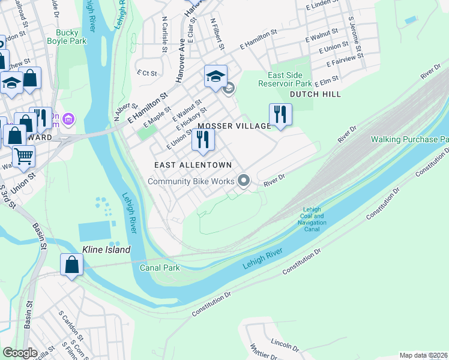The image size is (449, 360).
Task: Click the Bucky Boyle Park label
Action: [71, 37]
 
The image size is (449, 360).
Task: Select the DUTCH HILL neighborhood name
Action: [315, 94]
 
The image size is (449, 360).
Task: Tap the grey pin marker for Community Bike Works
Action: [243, 180]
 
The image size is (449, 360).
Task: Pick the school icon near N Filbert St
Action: [215, 76]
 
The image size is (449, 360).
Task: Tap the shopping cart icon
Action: [23, 157]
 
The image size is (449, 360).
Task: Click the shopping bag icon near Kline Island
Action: [71, 265]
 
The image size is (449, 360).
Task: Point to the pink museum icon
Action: [68, 119]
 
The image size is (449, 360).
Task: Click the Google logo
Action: [20, 353]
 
